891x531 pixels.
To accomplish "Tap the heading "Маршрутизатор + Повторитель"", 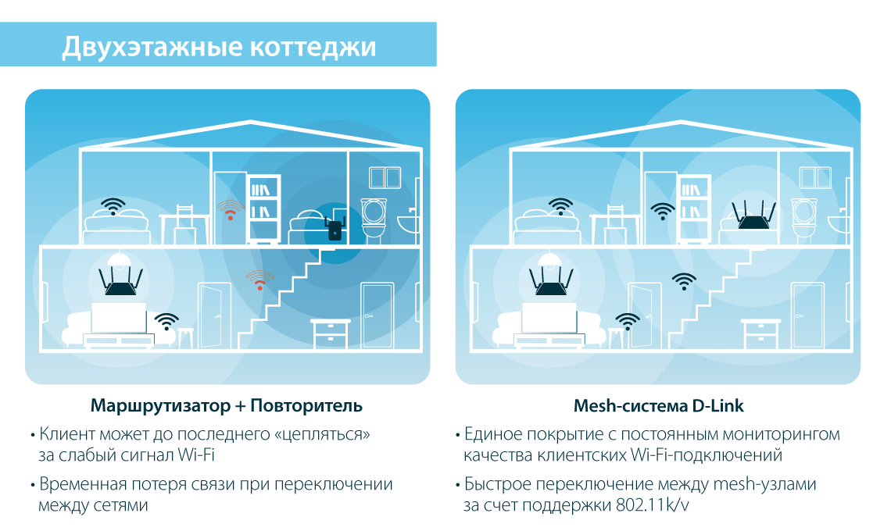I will coord(227,406).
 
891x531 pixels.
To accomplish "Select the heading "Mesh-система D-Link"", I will coord(658,406).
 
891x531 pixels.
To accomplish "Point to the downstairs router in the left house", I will coord(122,283).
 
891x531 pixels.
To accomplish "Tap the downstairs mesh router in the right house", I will coord(552,283).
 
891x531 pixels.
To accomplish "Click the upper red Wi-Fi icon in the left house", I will coord(230,209).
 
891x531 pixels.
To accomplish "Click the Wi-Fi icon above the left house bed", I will coord(114,206).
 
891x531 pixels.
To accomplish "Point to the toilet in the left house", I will coord(373,218).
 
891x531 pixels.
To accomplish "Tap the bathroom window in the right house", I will coord(815,177).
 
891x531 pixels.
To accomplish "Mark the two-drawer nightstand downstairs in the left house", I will coord(331,334).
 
